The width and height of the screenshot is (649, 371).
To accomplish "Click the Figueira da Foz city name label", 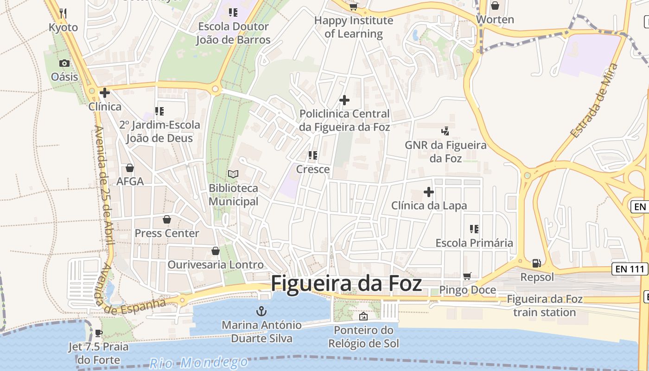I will [x=346, y=283].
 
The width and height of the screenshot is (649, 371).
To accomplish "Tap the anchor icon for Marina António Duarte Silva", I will [x=262, y=311].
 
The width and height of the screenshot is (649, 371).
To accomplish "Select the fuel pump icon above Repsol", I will [x=537, y=263].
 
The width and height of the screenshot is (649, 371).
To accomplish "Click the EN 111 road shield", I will [x=630, y=269].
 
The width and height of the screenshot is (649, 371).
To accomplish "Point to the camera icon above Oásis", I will [x=64, y=63].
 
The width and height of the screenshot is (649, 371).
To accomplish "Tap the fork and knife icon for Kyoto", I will [x=64, y=13].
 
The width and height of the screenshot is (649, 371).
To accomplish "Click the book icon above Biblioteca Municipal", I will [x=233, y=174].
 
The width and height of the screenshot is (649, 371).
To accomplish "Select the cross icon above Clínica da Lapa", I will [x=429, y=192].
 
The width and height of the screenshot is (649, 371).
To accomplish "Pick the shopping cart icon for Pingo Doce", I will [x=467, y=276].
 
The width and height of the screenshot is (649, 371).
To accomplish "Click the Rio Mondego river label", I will [x=199, y=362].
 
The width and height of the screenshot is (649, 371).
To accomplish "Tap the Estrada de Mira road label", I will [x=595, y=101].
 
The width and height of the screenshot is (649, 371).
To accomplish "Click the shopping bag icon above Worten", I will [x=495, y=6].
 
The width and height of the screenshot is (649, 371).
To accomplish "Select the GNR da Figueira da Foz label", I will [x=445, y=152].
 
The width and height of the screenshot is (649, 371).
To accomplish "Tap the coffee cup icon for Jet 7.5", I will [x=98, y=333].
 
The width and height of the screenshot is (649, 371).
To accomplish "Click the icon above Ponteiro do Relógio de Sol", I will [x=363, y=316].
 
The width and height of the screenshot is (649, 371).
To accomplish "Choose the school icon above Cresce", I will [x=313, y=155].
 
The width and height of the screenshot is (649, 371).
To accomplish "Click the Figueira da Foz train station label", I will [x=544, y=306].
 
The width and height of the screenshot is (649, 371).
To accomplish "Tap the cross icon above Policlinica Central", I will [x=344, y=100].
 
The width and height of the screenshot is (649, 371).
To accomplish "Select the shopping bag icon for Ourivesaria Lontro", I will [x=216, y=251].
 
